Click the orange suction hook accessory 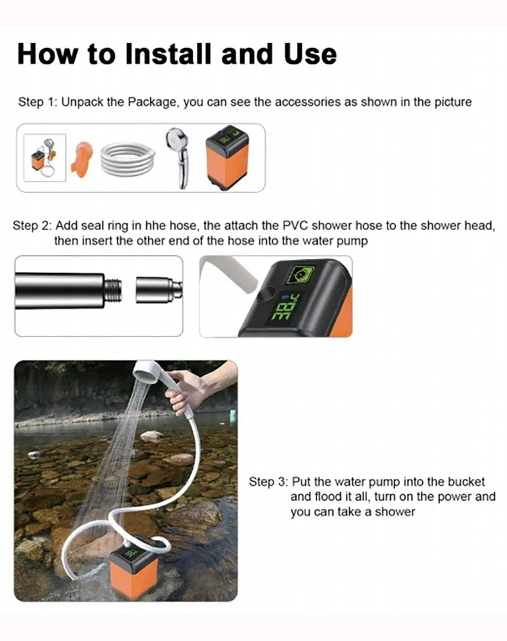[x=82, y=157]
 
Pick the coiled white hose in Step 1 [x=128, y=159]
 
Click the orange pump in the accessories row [x=227, y=158]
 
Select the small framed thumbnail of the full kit [x=44, y=158]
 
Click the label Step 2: [x=32, y=226]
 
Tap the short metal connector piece [x=159, y=290]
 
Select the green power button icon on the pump [x=300, y=274]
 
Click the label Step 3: [x=268, y=482]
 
